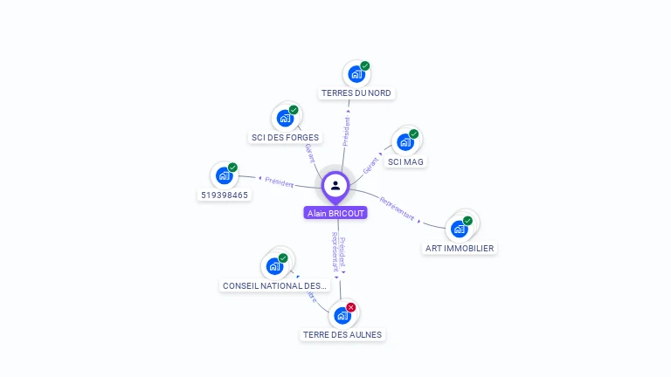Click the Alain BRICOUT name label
click(x=335, y=213)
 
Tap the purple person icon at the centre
click(x=335, y=186)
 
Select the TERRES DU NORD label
click(x=356, y=93)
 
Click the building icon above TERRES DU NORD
click(x=356, y=73)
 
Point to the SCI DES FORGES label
click(x=286, y=137)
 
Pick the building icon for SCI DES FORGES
click(x=285, y=118)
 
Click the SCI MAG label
click(x=406, y=161)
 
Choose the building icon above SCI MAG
click(x=405, y=141)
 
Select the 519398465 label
click(x=225, y=195)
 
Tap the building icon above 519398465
click(x=224, y=175)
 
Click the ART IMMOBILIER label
click(x=459, y=248)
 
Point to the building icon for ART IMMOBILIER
click(x=459, y=229)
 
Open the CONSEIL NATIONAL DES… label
click(x=275, y=285)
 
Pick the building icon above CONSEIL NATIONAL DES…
click(x=275, y=265)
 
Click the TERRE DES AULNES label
click(x=342, y=334)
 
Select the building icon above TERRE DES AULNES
click(x=342, y=315)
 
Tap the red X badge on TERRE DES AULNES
click(x=351, y=307)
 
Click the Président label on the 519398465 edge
click(x=280, y=182)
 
